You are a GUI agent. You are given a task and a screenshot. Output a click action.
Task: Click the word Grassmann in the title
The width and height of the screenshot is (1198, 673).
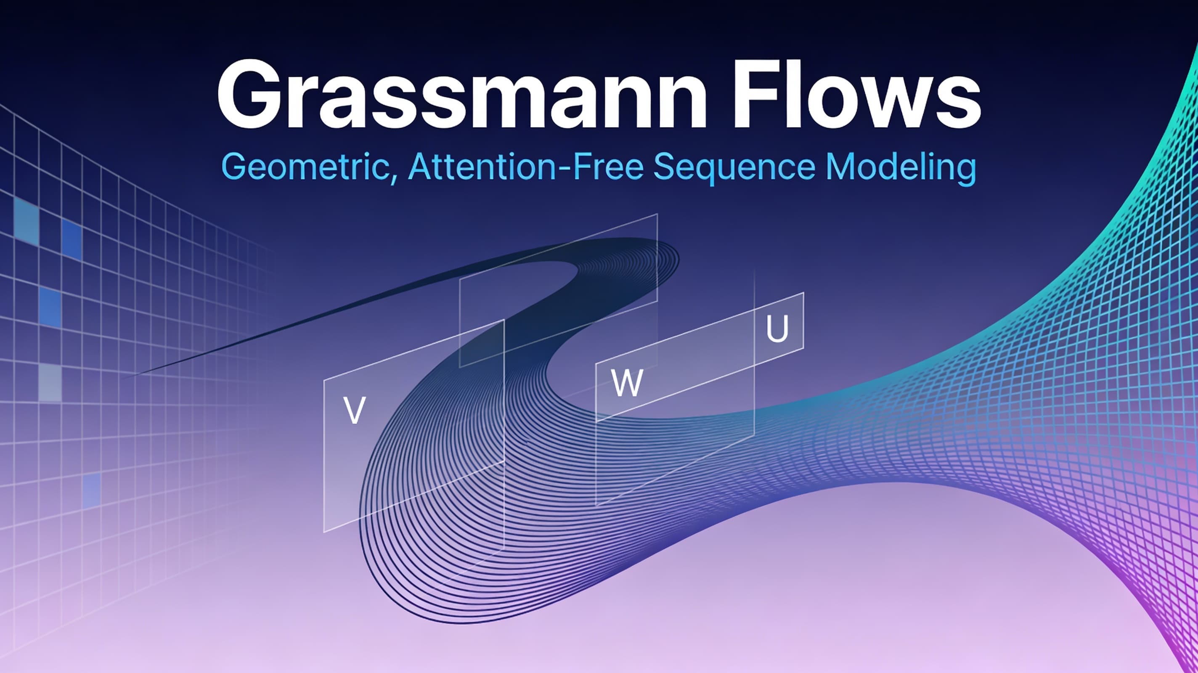tap(462, 94)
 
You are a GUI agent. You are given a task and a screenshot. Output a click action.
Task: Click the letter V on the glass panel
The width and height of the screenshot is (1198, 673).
tap(354, 410)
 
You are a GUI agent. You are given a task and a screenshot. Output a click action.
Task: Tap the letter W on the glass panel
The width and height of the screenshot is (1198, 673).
tap(627, 383)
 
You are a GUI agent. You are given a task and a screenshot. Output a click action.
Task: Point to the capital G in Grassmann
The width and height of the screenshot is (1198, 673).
tap(250, 94)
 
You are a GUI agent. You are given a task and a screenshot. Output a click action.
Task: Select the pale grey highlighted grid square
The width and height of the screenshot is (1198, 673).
tap(50, 383)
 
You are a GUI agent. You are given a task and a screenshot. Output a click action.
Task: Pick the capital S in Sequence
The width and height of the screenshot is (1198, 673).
tap(665, 167)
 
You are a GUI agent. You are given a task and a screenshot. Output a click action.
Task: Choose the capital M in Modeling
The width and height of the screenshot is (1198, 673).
tap(840, 167)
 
